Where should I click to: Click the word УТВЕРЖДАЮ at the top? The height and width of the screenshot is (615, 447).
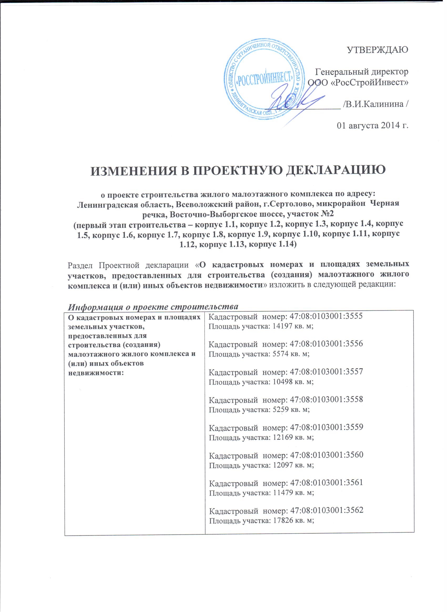pos(378,51)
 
